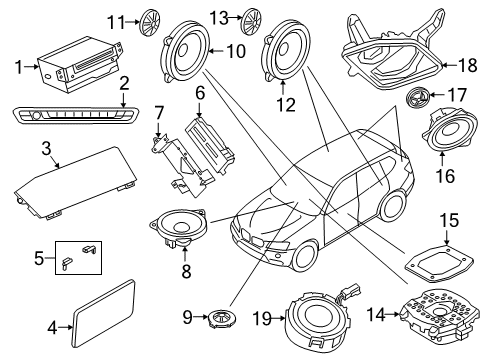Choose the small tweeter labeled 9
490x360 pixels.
tap(185, 49)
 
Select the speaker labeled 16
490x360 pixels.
tap(416, 98)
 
